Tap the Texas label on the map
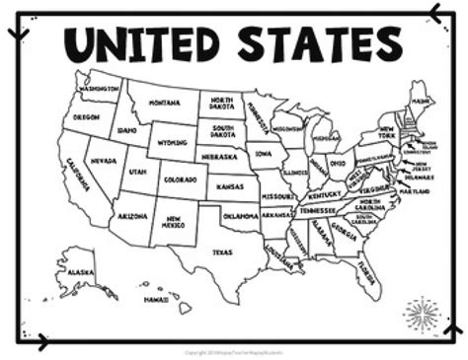click(222, 252)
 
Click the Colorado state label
click(182, 180)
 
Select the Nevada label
click(101, 160)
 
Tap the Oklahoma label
click(240, 214)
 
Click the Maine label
click(420, 100)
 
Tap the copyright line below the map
click(233, 351)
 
